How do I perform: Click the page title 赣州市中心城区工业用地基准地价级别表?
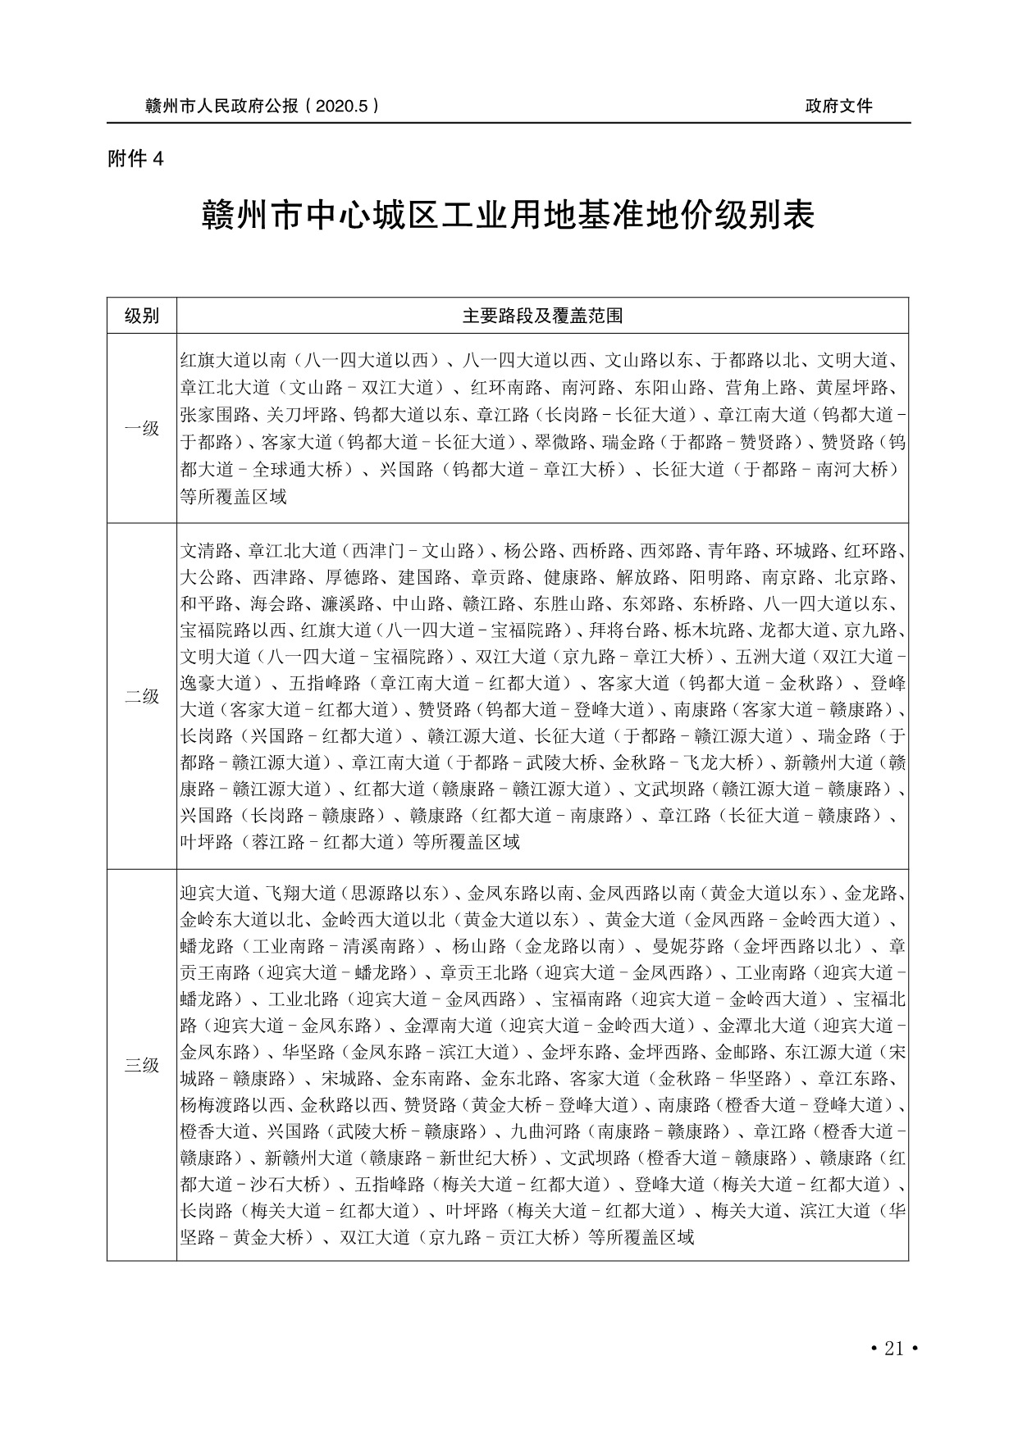pos(508,216)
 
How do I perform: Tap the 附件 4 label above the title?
pos(136,159)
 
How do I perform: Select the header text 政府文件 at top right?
pos(838,106)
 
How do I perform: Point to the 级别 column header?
pos(141,316)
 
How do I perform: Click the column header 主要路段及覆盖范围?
pos(542,316)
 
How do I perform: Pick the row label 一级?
pos(141,428)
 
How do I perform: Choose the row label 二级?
pos(141,696)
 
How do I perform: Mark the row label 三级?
pos(141,1065)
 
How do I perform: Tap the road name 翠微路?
pos(563,443)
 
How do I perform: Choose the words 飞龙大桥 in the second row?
pos(718,763)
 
